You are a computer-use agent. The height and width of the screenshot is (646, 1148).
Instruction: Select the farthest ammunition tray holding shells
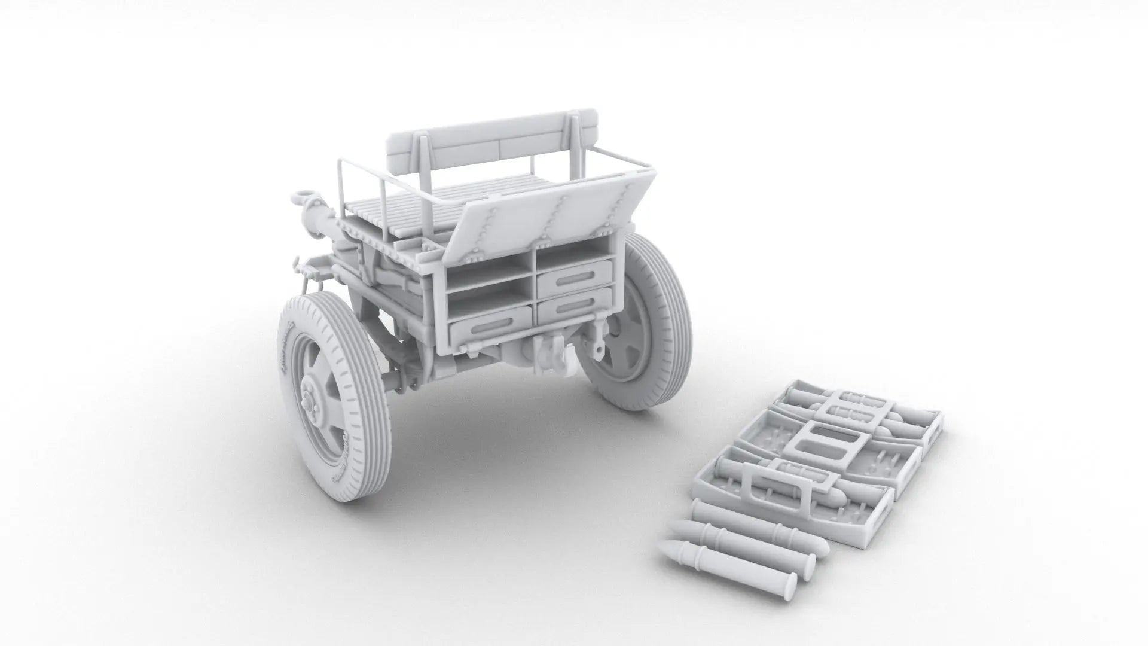click(861, 407)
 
